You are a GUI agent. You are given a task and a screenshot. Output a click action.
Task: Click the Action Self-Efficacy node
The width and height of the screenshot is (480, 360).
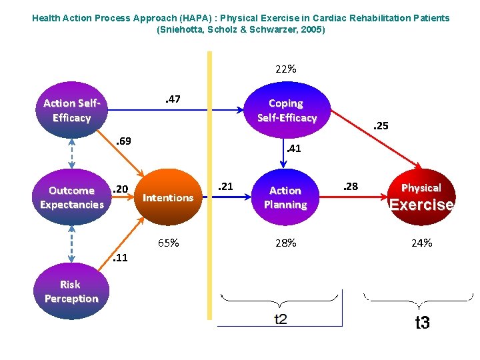pos(71,111)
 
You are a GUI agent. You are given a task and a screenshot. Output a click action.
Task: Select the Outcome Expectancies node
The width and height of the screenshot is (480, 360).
pos(71,197)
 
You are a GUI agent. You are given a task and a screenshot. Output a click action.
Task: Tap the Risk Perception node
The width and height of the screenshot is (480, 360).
pos(71,292)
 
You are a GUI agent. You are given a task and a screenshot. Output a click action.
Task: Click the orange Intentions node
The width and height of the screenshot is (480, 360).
pos(168,197)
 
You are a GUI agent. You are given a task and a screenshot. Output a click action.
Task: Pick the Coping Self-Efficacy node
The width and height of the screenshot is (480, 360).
pos(287,111)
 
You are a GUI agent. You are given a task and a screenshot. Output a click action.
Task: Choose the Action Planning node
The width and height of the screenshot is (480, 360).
pos(285,197)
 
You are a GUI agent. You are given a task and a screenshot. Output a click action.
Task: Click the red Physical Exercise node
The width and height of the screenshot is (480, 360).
pos(421,197)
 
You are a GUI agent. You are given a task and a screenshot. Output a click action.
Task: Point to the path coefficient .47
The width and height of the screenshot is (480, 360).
pos(172,99)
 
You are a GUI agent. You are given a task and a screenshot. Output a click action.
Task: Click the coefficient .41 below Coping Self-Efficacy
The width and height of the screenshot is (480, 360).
pos(293,149)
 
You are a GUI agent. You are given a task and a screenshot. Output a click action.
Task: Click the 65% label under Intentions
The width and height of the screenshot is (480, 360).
pos(168,243)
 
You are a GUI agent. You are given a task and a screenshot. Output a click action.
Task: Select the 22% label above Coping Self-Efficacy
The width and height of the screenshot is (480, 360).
pos(286,69)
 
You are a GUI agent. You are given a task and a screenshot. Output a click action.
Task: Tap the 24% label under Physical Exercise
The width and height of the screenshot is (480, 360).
pos(421,243)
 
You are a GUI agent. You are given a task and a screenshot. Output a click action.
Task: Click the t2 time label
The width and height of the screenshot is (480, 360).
pos(281,319)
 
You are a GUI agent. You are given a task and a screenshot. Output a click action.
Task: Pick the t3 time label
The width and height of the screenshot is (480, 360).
pos(422,323)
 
